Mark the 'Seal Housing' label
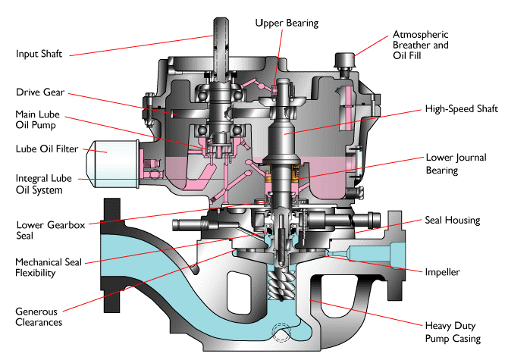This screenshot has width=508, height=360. pyautogui.click(x=452, y=221)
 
